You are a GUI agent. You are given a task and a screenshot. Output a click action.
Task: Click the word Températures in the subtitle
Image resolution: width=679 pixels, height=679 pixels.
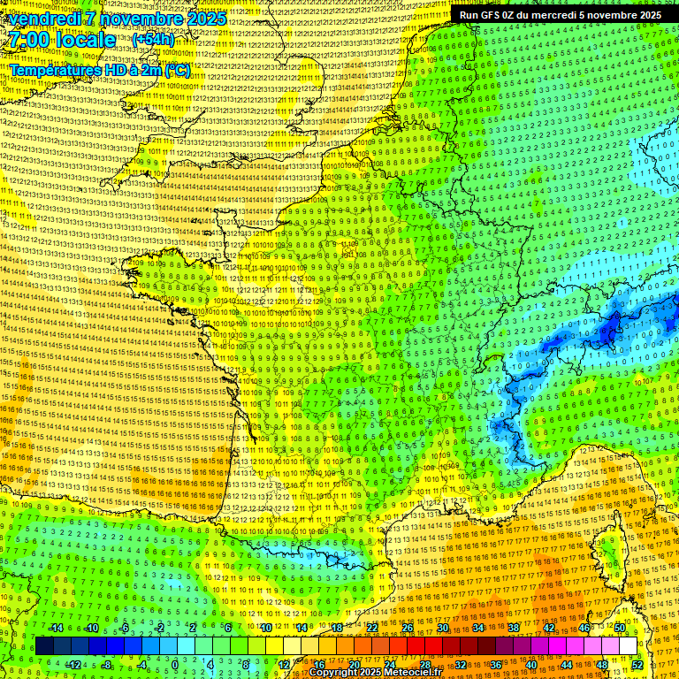pos(51,69)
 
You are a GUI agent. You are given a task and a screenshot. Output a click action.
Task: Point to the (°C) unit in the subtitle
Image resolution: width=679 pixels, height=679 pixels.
pos(177,69)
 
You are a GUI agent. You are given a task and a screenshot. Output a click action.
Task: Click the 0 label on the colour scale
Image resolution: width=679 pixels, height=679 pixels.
pos(176,664)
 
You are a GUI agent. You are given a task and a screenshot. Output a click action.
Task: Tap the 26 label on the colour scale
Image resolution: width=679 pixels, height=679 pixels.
pos(408,628)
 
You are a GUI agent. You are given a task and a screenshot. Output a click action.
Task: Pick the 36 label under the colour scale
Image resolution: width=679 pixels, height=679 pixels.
pos(496,664)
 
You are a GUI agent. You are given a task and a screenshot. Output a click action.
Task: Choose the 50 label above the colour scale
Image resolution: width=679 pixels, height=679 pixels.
pos(620,628)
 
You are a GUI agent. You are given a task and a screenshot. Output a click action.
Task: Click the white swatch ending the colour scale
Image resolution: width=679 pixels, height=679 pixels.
pos(628,645)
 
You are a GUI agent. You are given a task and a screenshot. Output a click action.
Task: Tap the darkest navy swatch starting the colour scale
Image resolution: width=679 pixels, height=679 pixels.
pos(44,645)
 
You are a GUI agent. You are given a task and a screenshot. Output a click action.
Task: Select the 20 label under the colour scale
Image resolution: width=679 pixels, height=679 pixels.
pos(355,664)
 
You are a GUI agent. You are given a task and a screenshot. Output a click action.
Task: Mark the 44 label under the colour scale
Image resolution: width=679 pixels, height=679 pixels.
pos(567,664)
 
